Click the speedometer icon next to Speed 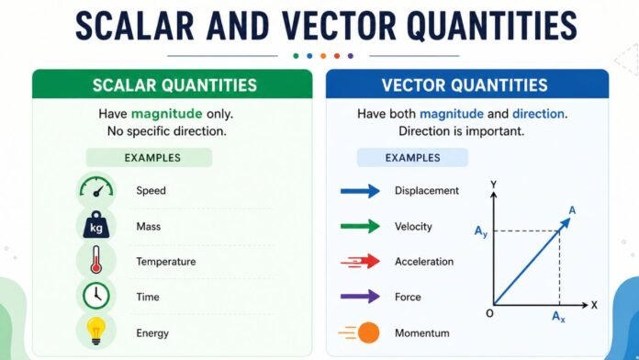(x=96, y=190)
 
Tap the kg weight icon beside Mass (x=96, y=226)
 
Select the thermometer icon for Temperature (x=96, y=262)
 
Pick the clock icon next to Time (x=96, y=297)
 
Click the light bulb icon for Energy (x=96, y=332)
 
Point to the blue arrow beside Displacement (x=359, y=191)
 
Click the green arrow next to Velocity (x=359, y=226)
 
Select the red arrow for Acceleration (x=359, y=262)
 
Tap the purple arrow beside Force (x=359, y=297)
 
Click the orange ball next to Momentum (x=368, y=332)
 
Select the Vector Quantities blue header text (x=465, y=85)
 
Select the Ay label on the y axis (x=481, y=231)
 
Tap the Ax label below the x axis (x=558, y=318)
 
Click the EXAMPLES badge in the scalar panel (x=149, y=158)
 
